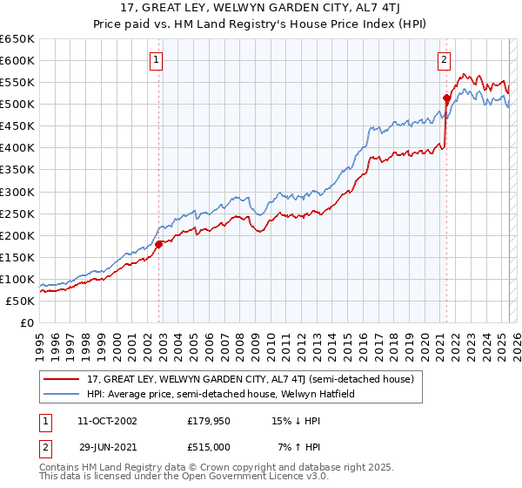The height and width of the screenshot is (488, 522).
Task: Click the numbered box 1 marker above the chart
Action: click(156, 60)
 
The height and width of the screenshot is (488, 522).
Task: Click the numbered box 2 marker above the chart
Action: click(444, 60)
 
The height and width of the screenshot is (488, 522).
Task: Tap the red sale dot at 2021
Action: click(446, 98)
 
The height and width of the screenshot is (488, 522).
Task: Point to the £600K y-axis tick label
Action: click(17, 60)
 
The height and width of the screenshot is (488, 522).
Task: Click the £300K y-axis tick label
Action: click(17, 192)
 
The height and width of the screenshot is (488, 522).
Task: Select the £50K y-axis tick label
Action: click(20, 301)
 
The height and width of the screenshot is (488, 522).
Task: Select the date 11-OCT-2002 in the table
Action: click(107, 421)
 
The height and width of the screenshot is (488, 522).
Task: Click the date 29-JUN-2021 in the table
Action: click(107, 447)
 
